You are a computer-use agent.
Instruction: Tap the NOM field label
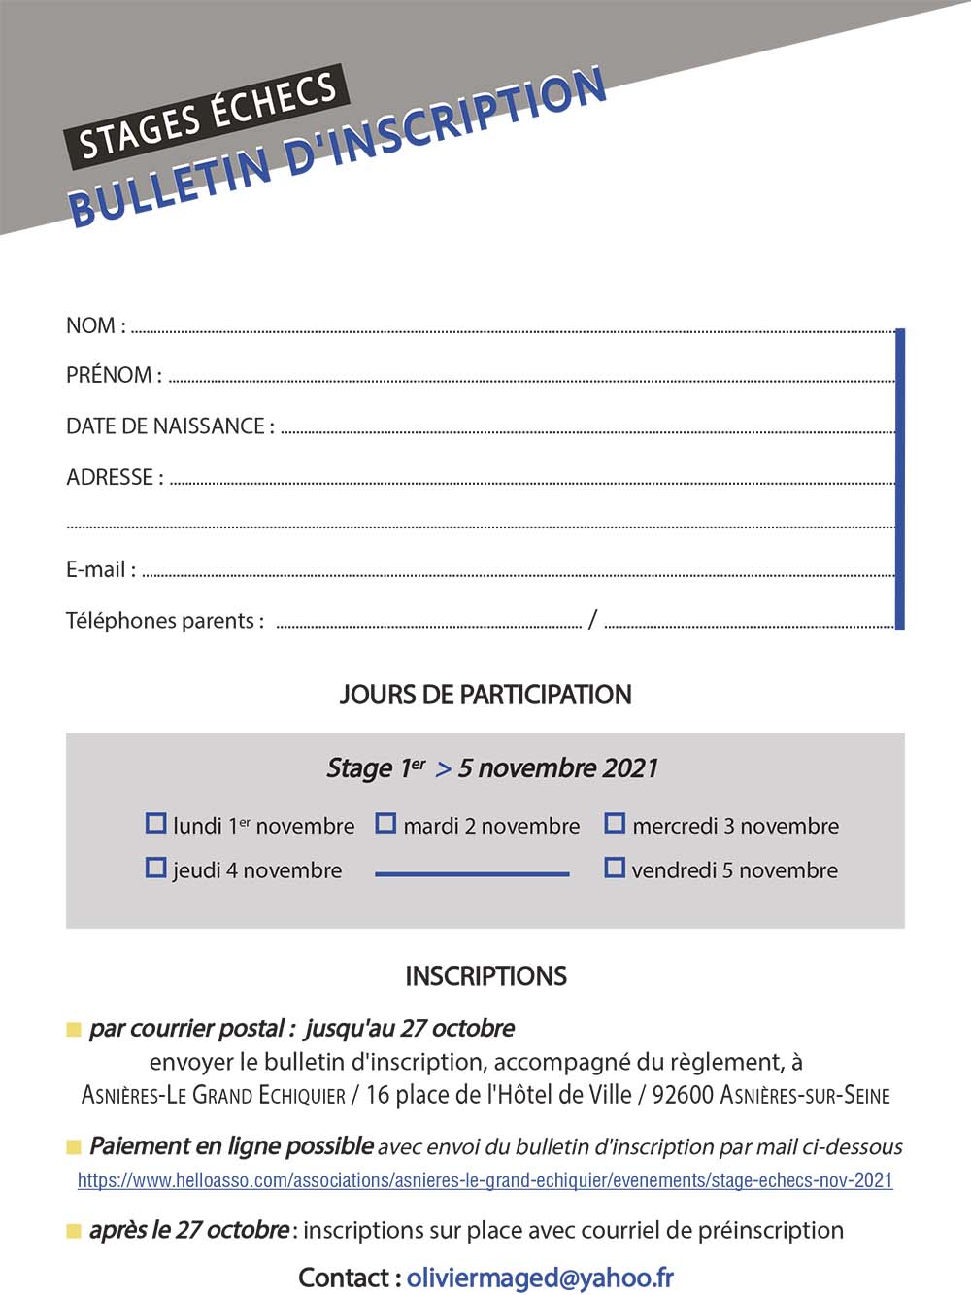pos(95,326)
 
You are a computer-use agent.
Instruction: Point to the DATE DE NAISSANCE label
pos(170,426)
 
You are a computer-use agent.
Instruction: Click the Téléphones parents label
pos(164,621)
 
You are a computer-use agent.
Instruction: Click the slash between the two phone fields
pos(592,619)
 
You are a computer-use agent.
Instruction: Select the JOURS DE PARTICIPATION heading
pos(485,695)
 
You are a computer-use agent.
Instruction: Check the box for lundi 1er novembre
pos(155,824)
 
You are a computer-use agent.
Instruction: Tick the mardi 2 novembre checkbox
pos(385,824)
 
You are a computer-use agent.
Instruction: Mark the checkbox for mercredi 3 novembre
pos(615,824)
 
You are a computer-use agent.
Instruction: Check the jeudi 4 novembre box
pos(155,868)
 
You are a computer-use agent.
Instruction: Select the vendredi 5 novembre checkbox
pos(615,868)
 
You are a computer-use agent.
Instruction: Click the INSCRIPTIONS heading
pos(485,976)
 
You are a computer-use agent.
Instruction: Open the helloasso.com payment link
pos(485,1180)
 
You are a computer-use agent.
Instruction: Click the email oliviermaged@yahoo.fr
pos(540,1278)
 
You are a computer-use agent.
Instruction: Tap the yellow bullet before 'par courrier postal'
pos(74,1030)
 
